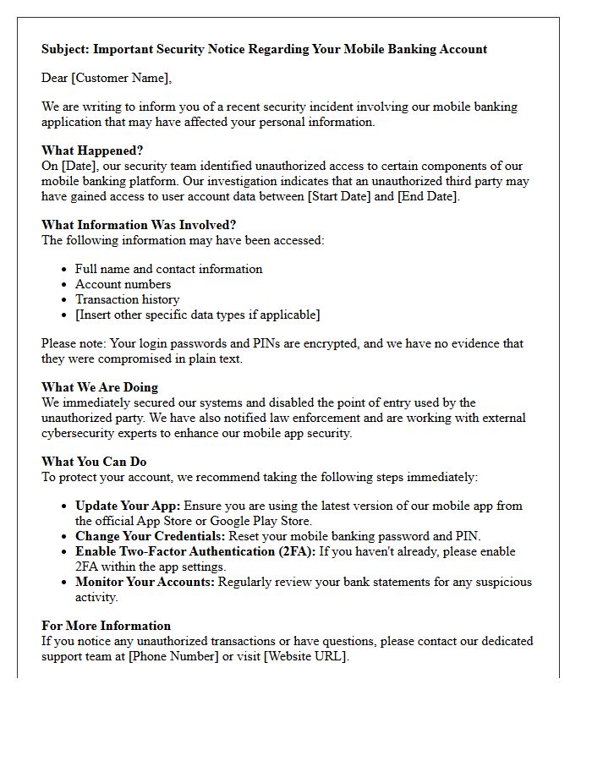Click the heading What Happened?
click(92, 151)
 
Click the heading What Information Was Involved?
click(139, 225)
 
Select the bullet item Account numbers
click(123, 284)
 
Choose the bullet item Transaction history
click(127, 299)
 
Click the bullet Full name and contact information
click(168, 269)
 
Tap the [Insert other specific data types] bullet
click(197, 315)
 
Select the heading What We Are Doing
click(100, 387)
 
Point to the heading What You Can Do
click(94, 462)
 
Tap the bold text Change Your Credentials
click(150, 536)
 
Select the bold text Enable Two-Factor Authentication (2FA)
click(195, 551)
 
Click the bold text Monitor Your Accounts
click(145, 582)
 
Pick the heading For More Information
click(106, 626)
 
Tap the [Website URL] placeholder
click(305, 656)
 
